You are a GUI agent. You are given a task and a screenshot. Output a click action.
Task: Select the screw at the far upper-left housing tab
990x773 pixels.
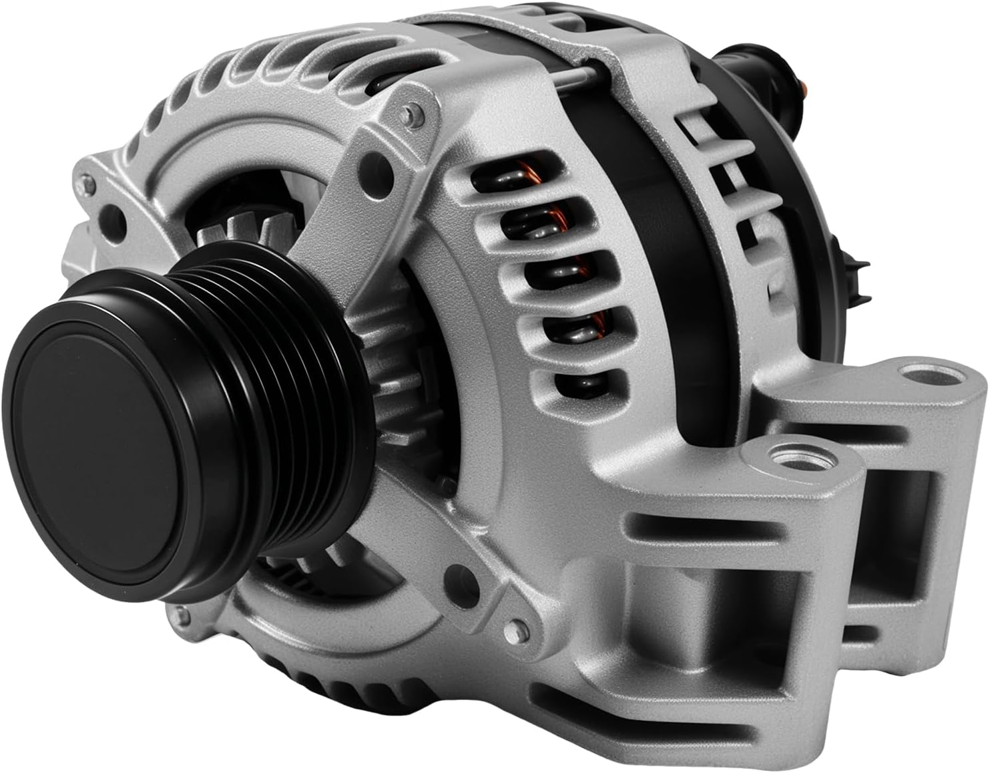click(85, 181)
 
